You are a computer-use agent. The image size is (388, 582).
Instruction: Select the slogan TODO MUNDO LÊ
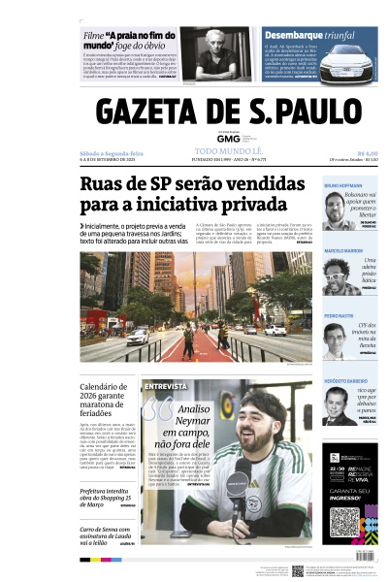click(x=228, y=152)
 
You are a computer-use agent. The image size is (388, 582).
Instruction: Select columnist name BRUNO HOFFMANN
click(x=343, y=185)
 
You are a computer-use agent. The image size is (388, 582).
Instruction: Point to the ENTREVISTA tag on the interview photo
click(x=164, y=387)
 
